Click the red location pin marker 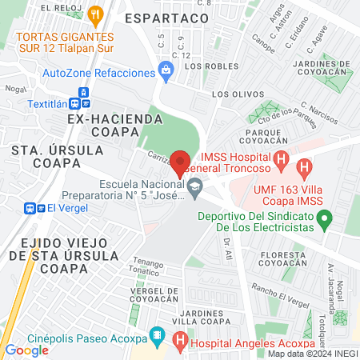point(181,162)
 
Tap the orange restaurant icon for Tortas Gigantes point(97,14)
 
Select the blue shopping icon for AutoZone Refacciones point(166,73)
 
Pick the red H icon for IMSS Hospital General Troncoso point(280,161)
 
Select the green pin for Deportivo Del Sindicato point(324,218)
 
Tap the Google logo point(26,350)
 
